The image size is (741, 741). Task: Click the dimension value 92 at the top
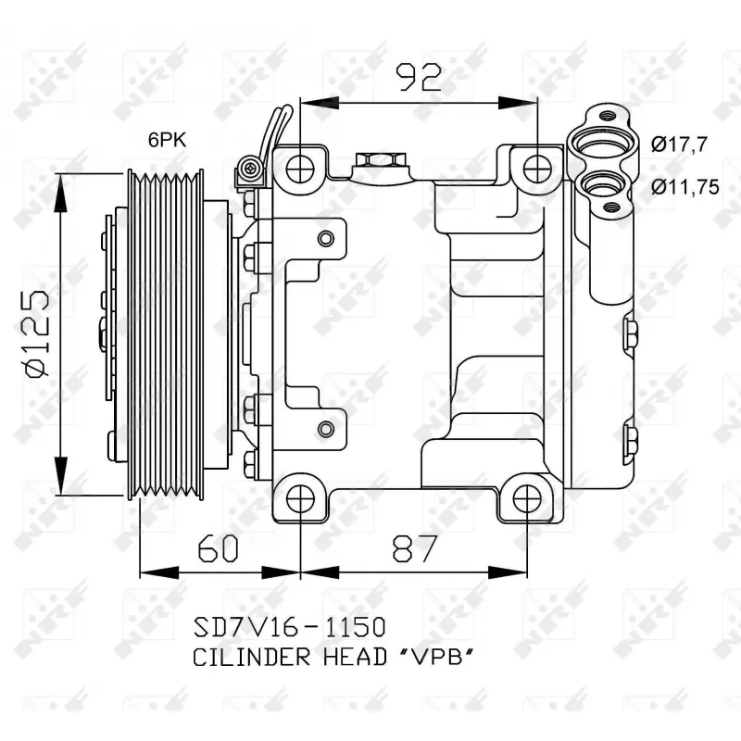[419, 78]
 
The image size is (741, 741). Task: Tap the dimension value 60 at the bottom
[218, 548]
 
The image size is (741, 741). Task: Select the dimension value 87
[415, 548]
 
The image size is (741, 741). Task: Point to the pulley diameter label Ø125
[37, 333]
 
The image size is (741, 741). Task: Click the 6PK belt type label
[167, 140]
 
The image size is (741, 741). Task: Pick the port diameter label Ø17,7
[679, 144]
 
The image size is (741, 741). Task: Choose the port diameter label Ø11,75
[685, 187]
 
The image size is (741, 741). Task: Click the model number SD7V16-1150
[289, 627]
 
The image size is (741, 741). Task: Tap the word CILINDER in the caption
[251, 658]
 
